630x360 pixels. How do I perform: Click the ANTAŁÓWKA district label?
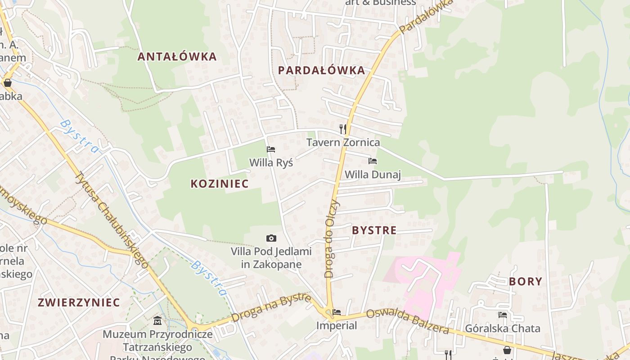(177, 57)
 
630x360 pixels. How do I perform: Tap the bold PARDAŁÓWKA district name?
(321, 70)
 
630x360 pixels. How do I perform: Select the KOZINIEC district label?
(220, 184)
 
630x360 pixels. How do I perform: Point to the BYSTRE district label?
(374, 230)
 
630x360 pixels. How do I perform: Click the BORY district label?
(525, 282)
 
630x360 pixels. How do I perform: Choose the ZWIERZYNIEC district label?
(79, 302)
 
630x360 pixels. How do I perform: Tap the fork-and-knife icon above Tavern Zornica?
(343, 129)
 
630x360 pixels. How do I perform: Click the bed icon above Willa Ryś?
(271, 149)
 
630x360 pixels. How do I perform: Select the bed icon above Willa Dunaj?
(372, 161)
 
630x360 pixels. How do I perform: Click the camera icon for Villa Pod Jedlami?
(271, 238)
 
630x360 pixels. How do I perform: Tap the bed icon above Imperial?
(336, 312)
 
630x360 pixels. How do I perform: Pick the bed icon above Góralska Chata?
(503, 315)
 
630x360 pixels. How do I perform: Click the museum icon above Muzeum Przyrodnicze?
(157, 321)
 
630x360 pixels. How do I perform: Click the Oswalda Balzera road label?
(407, 322)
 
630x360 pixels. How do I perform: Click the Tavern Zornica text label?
(343, 143)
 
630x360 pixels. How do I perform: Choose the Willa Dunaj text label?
(373, 175)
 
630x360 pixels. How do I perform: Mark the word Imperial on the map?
(336, 325)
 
